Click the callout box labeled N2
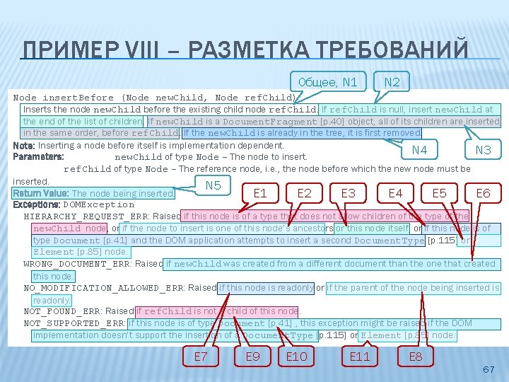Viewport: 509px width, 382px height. pyautogui.click(x=392, y=82)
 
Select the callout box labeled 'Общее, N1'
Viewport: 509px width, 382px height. pyautogui.click(x=327, y=82)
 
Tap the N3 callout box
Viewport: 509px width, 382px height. pyautogui.click(x=483, y=150)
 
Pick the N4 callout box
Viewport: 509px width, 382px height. pyautogui.click(x=419, y=150)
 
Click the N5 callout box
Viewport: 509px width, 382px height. pyautogui.click(x=213, y=185)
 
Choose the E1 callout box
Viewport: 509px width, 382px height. pyautogui.click(x=260, y=192)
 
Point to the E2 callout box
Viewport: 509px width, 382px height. pyautogui.click(x=305, y=192)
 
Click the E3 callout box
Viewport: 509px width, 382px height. pyautogui.click(x=349, y=192)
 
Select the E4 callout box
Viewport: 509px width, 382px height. pyautogui.click(x=395, y=192)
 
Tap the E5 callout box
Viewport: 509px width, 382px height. pyautogui.click(x=439, y=192)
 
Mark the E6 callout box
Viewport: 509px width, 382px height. pyautogui.click(x=483, y=192)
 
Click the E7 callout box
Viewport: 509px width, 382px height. pyautogui.click(x=201, y=357)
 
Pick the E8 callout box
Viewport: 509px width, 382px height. pyautogui.click(x=416, y=357)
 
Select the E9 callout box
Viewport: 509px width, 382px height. pyautogui.click(x=252, y=357)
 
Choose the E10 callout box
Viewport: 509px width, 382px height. pyautogui.click(x=297, y=357)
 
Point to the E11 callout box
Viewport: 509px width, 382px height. pyautogui.click(x=360, y=357)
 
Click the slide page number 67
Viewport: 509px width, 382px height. pyautogui.click(x=488, y=370)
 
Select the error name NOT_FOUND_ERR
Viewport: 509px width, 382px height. pyautogui.click(x=62, y=311)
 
